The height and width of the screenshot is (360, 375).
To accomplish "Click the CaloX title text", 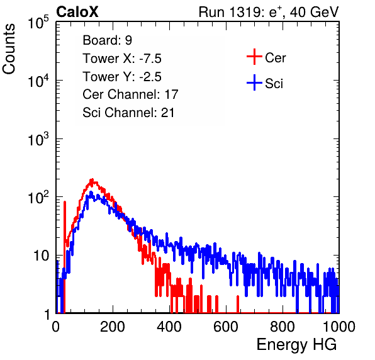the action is [77, 12].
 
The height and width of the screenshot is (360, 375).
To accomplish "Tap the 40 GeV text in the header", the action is [314, 12].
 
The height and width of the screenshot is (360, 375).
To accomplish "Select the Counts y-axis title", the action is [9, 49].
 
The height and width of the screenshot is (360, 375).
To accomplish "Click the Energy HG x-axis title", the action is [296, 345].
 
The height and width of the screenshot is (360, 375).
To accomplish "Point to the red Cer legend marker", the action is [254, 57].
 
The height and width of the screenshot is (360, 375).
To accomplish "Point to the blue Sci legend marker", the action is [254, 83].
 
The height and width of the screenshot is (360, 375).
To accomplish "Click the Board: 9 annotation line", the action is [107, 40].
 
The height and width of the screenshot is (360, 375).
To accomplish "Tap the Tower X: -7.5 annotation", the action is [122, 59].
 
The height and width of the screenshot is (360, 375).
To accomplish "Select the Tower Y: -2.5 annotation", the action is [122, 77].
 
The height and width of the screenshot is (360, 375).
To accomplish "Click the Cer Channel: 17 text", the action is [130, 94].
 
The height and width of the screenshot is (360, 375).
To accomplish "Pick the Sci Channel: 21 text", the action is [128, 113].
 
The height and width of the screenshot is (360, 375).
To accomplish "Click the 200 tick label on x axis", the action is [113, 327].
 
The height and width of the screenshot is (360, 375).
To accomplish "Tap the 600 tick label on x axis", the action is [226, 327].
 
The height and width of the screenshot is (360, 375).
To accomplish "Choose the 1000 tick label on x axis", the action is [339, 327].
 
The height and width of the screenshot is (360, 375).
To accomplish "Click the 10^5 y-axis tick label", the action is [38, 23].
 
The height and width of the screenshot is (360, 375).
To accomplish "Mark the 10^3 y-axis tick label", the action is [38, 140].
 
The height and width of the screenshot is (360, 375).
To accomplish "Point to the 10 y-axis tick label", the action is [41, 256].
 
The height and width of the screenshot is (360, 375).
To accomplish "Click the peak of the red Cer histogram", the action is [92, 180].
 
